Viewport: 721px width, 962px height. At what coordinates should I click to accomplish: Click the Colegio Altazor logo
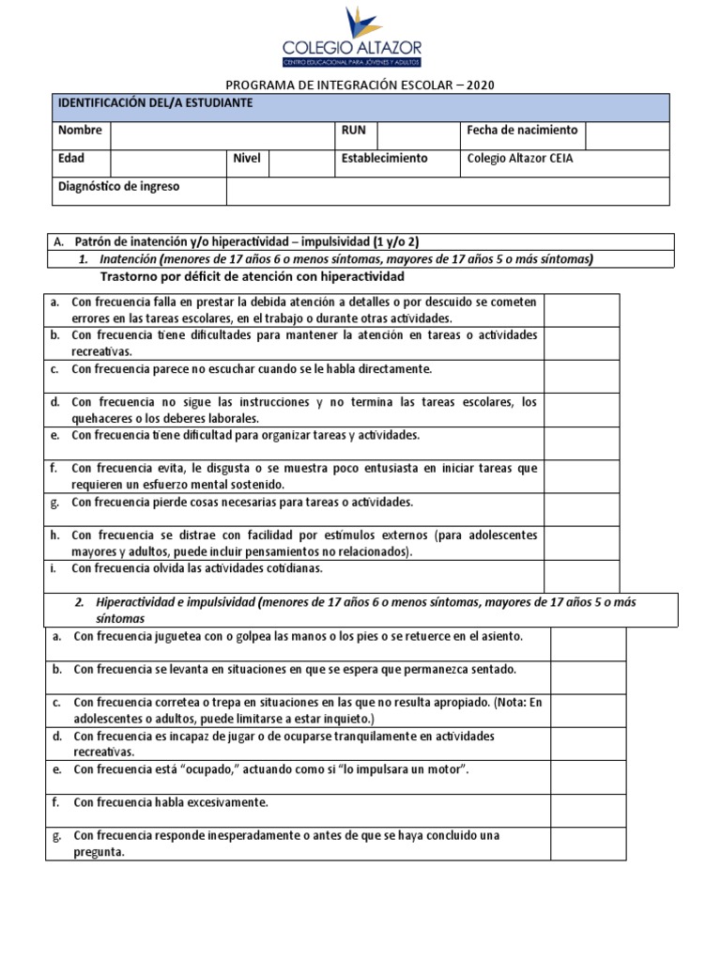click(352, 38)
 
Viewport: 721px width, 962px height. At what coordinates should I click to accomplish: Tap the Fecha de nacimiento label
click(522, 131)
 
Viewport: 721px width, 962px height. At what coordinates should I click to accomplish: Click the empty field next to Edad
click(167, 163)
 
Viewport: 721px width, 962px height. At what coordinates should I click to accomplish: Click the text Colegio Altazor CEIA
click(519, 159)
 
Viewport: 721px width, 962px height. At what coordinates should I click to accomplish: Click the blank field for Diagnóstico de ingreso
click(448, 191)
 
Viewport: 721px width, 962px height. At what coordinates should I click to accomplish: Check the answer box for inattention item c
click(580, 376)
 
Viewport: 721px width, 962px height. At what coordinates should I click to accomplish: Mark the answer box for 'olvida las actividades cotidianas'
click(580, 575)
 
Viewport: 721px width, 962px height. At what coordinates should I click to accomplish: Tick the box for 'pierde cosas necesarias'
click(580, 509)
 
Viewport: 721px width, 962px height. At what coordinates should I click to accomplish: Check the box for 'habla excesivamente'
click(587, 809)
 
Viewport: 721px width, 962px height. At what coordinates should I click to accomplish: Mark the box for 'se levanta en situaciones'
click(587, 676)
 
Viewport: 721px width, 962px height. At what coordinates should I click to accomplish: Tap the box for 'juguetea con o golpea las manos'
click(587, 644)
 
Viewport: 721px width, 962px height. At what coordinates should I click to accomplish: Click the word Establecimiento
click(385, 159)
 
